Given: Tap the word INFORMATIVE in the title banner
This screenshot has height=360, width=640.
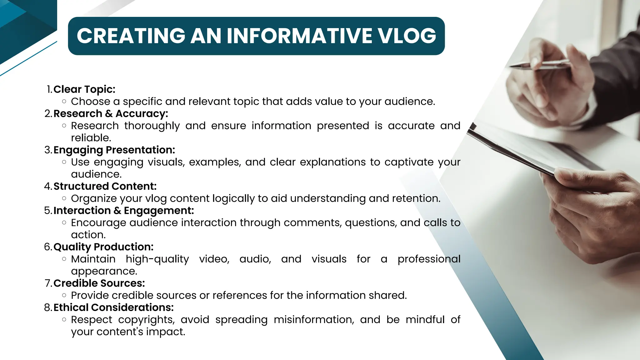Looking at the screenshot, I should tap(299, 36).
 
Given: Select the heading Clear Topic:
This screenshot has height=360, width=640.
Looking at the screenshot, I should tap(84, 89).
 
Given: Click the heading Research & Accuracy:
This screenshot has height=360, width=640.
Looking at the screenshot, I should tap(111, 113).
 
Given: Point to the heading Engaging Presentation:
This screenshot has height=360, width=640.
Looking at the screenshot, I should tap(114, 150).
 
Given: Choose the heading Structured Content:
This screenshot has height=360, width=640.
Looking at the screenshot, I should tap(105, 186).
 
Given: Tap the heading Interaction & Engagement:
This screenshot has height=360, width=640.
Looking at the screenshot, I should tap(124, 211).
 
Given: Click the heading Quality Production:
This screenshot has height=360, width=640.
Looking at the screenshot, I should tap(103, 247).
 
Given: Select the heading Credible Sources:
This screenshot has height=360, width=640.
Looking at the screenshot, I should tap(99, 283).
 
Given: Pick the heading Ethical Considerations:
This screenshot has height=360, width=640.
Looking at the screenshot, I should tap(113, 307).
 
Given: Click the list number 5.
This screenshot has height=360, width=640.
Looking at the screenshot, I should tap(47, 211).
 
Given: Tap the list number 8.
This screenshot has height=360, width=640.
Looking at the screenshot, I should tap(47, 307).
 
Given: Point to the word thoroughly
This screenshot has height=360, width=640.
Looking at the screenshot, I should tap(152, 126).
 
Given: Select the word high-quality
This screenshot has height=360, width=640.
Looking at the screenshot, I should tap(157, 259).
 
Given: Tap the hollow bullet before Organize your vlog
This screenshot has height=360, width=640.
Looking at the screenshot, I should tap(64, 198).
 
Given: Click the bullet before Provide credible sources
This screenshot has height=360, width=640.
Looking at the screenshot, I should tap(64, 295).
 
